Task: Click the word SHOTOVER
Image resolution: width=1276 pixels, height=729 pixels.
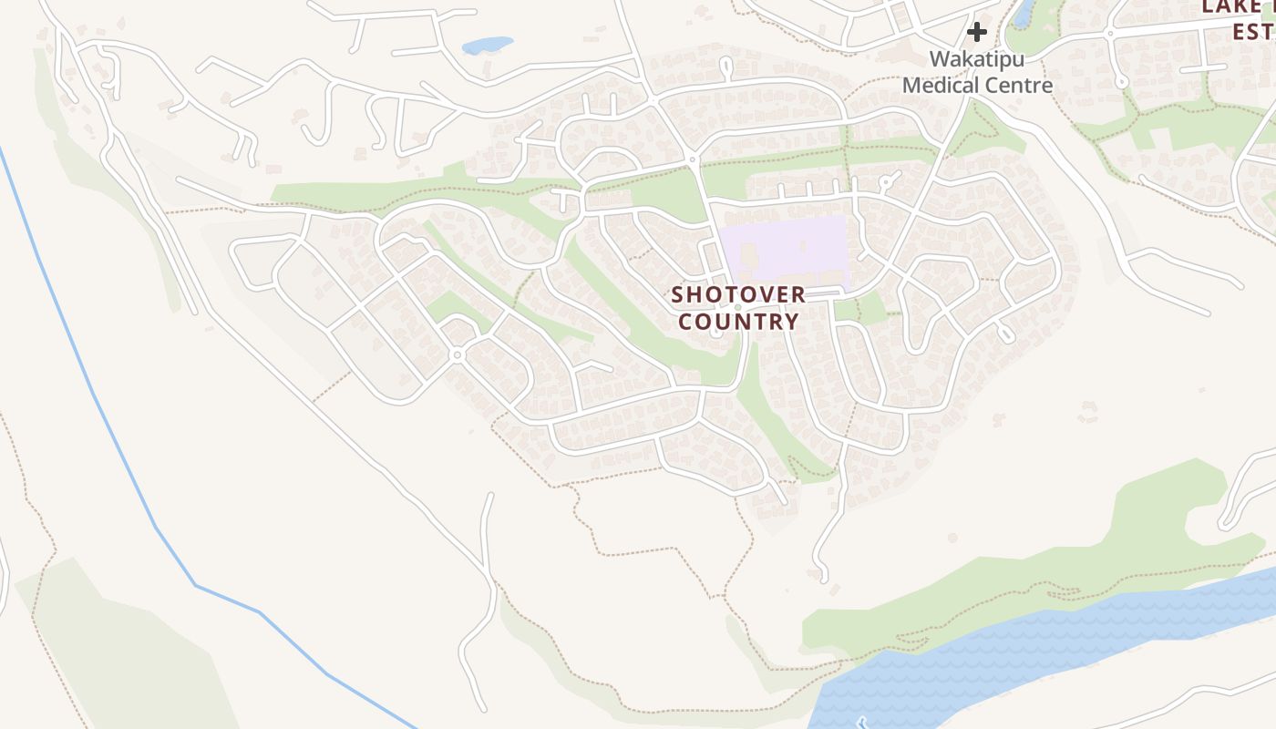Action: (738, 295)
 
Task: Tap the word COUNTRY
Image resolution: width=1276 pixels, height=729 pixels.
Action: (738, 322)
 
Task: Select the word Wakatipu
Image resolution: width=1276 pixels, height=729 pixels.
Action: (976, 60)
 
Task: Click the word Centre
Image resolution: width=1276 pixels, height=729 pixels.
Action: (1019, 86)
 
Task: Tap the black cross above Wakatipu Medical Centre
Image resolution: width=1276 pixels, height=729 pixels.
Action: (976, 33)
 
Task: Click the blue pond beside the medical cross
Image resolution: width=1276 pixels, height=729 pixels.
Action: (1024, 12)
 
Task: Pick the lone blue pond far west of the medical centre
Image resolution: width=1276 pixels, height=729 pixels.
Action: (488, 45)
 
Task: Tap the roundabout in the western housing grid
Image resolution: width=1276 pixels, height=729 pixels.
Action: (458, 354)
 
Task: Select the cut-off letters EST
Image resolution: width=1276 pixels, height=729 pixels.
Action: (1252, 32)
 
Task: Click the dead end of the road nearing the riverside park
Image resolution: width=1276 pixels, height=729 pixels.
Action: (822, 577)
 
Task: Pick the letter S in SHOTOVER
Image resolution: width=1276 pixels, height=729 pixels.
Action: (678, 295)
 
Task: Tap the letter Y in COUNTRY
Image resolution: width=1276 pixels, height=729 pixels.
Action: (792, 322)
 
